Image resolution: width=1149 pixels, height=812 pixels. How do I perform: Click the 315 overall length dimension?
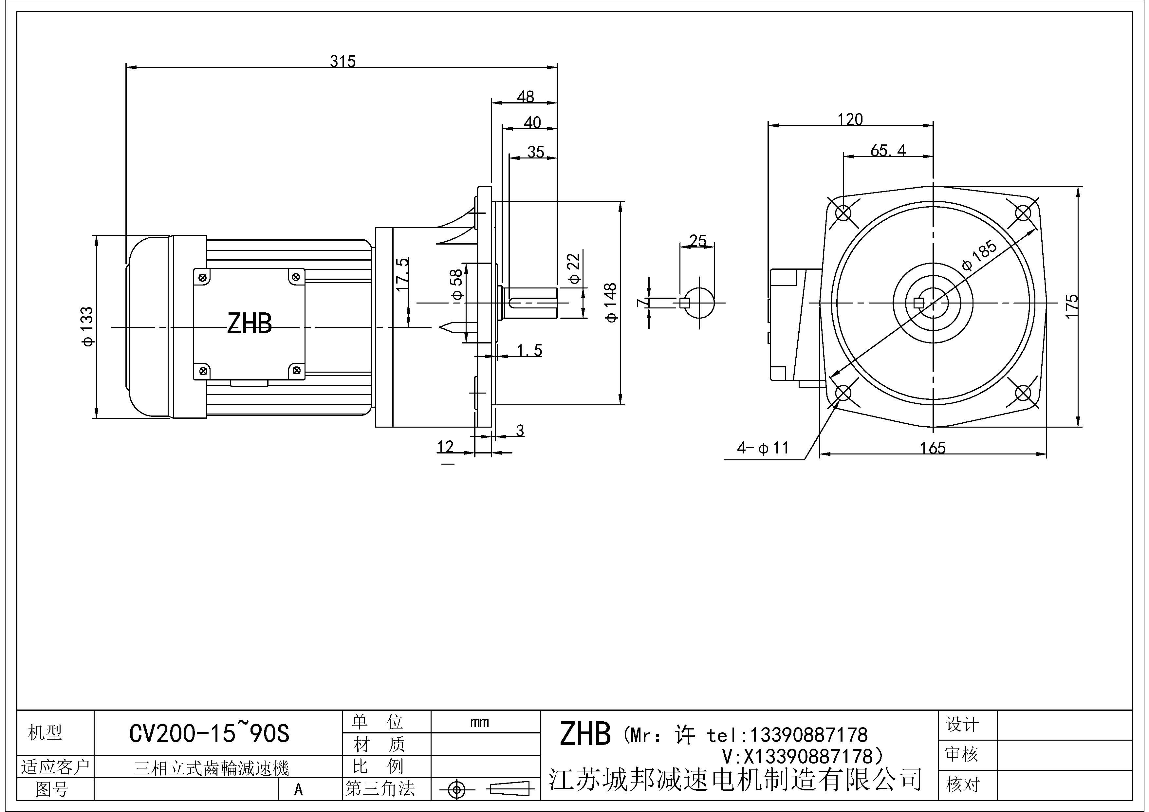coord(343,62)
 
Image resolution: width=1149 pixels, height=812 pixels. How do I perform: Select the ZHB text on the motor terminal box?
coord(249,324)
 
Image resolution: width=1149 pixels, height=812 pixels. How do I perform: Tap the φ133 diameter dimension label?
coord(87,327)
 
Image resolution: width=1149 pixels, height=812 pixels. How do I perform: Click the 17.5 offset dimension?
coord(402,275)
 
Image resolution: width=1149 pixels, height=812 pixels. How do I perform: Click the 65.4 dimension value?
coord(888,150)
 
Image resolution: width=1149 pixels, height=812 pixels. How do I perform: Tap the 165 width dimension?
coord(933,448)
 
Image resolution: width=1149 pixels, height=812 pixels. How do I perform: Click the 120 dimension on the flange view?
coord(850,119)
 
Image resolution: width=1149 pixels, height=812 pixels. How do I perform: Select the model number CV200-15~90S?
coord(209,734)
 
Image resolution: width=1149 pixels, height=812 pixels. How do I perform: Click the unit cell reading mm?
coord(479,722)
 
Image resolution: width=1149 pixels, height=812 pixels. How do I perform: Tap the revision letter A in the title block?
coord(298,789)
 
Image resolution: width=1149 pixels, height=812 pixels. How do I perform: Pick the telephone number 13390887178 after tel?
coord(808,735)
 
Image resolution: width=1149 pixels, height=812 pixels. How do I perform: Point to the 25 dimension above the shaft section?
coord(697,241)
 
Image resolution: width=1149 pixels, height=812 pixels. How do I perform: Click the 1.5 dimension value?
coord(529,350)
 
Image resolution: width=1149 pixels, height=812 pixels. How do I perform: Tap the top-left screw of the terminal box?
coord(203,278)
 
